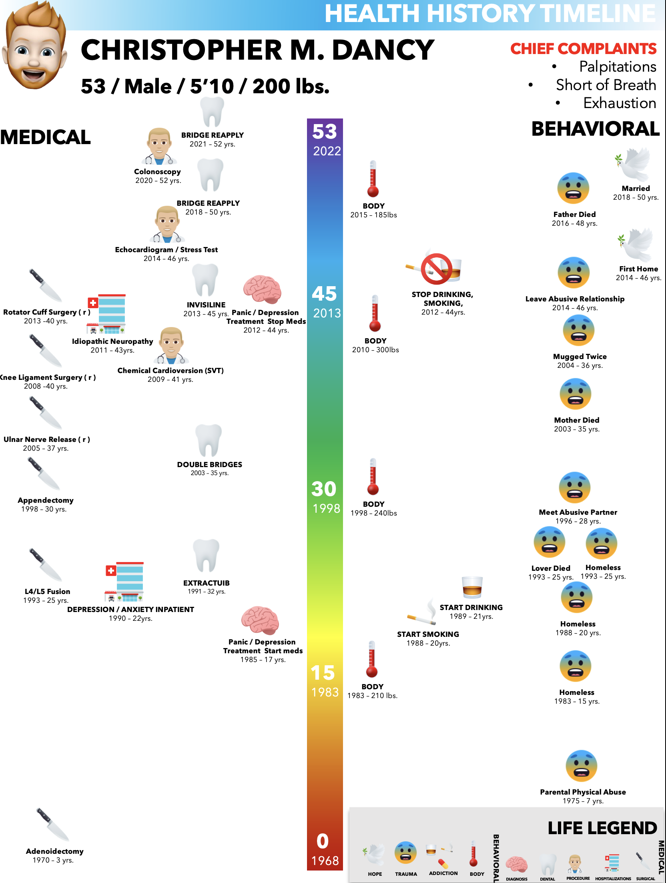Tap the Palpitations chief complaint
617,66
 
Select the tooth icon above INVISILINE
205,280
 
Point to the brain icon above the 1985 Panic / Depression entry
260,620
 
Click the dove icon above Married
634,165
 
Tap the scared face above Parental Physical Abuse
581,766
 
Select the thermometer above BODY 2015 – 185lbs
373,179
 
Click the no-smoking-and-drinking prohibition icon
436,269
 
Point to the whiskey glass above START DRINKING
472,587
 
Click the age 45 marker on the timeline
324,294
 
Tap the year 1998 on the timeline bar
326,508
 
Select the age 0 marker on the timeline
323,841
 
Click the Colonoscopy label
157,172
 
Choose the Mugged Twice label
580,357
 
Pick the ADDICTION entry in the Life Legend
443,873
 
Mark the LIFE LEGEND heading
602,828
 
